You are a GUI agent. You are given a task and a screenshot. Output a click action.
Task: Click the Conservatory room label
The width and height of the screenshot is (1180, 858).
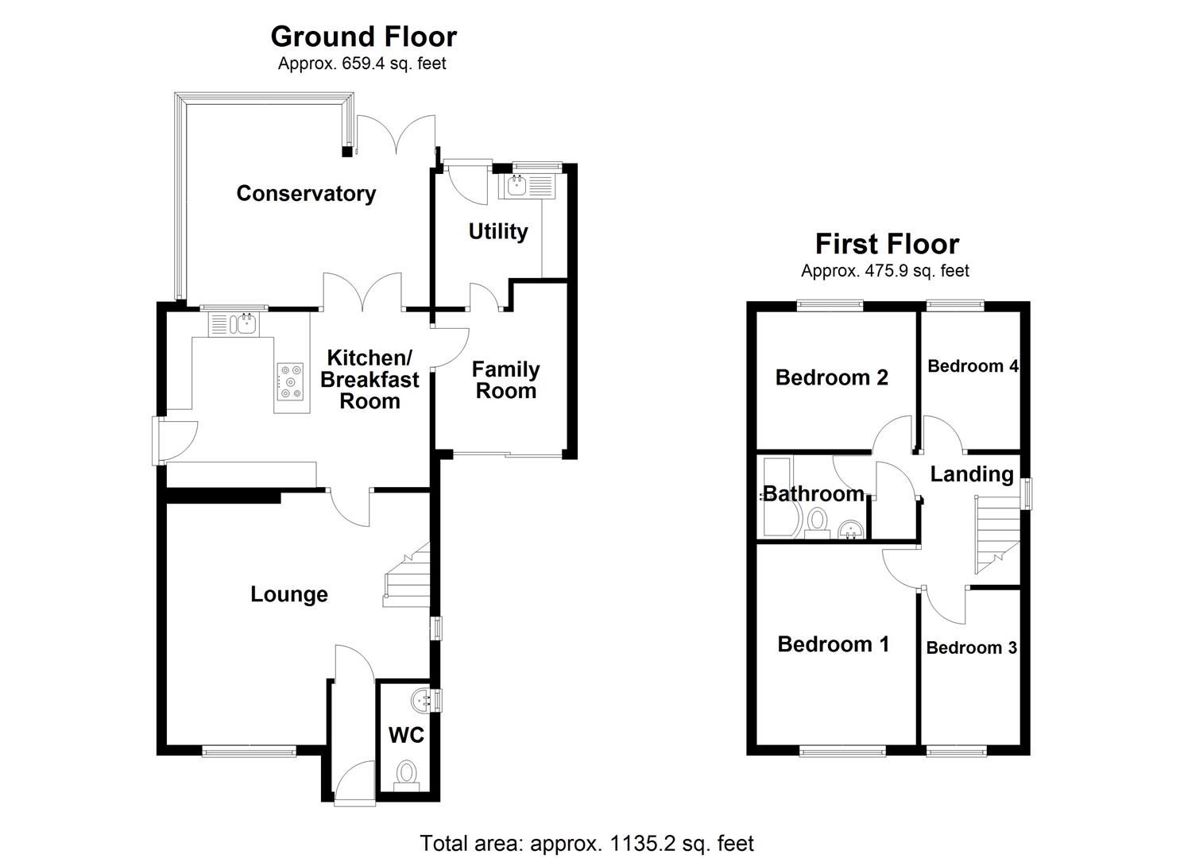pyautogui.click(x=306, y=193)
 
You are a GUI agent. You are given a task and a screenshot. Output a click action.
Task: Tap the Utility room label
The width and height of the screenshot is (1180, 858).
pyautogui.click(x=498, y=231)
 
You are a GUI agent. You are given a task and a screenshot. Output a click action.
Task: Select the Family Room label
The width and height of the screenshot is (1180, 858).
pyautogui.click(x=505, y=380)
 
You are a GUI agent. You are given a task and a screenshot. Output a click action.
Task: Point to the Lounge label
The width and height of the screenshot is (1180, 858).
pyautogui.click(x=289, y=594)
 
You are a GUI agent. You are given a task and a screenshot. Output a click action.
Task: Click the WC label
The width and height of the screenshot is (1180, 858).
pyautogui.click(x=406, y=736)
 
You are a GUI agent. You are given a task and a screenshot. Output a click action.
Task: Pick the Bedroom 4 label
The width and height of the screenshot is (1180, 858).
pyautogui.click(x=973, y=365)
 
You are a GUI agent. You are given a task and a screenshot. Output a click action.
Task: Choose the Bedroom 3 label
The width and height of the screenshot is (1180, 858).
pyautogui.click(x=971, y=647)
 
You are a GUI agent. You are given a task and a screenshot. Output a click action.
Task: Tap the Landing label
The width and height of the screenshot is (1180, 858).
pyautogui.click(x=972, y=474)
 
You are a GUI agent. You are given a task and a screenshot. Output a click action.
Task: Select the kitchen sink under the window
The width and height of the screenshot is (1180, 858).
pyautogui.click(x=234, y=324)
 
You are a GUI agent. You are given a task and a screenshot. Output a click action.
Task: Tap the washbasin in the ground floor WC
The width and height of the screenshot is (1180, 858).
pyautogui.click(x=422, y=699)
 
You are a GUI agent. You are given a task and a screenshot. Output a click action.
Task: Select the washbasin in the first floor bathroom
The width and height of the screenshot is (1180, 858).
pyautogui.click(x=849, y=529)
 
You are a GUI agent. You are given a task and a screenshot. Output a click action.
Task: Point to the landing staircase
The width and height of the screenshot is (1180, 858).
pyautogui.click(x=997, y=534)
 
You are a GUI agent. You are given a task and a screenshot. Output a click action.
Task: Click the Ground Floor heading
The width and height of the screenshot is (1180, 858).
pyautogui.click(x=363, y=37)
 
